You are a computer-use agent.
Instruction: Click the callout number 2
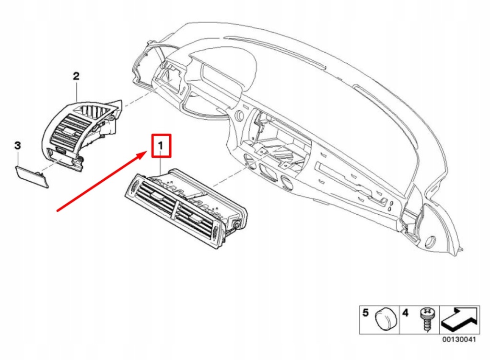(76, 76)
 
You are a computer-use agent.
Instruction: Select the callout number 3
(17, 145)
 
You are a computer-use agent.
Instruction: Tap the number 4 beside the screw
(405, 314)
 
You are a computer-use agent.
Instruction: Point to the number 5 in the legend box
(365, 314)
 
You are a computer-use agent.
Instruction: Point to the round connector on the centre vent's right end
(236, 224)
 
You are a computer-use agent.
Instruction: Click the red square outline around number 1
(161, 146)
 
